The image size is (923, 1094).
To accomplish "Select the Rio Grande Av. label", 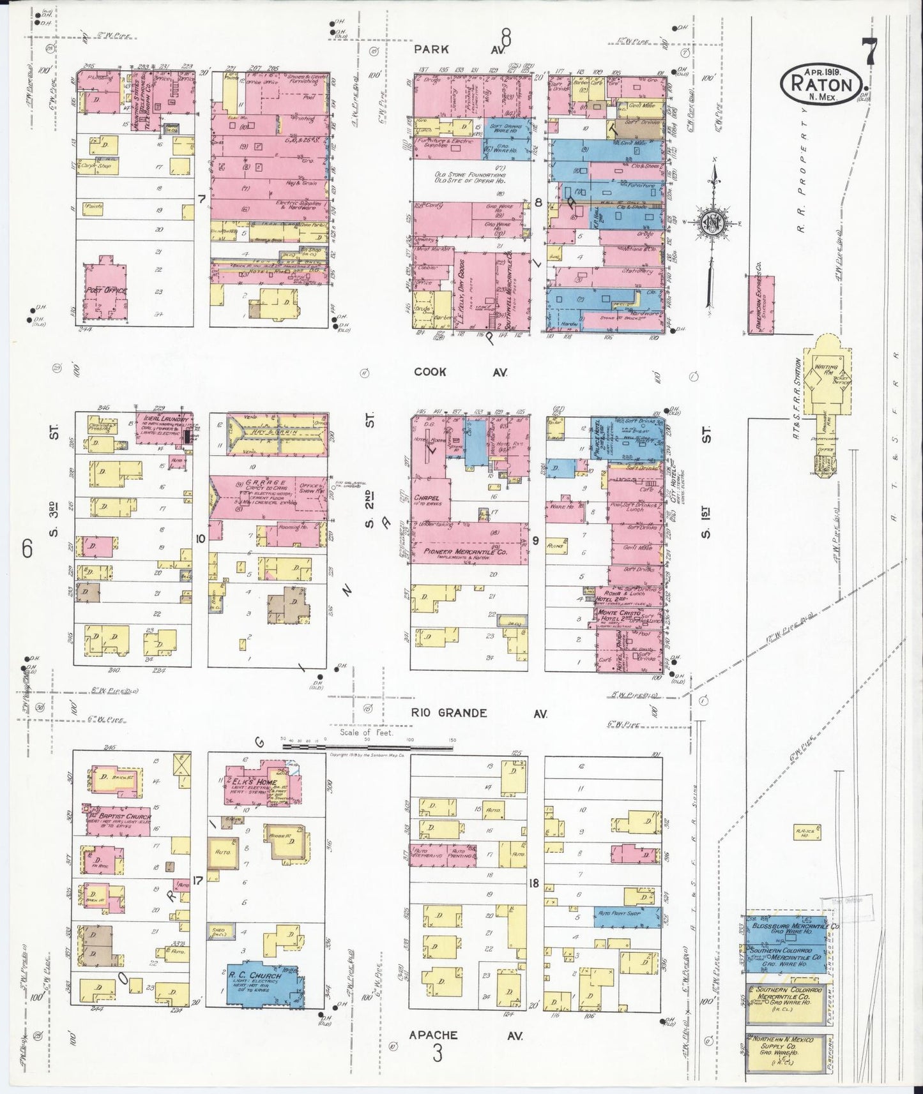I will (478, 713).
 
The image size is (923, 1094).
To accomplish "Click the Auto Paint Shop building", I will (626, 918).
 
